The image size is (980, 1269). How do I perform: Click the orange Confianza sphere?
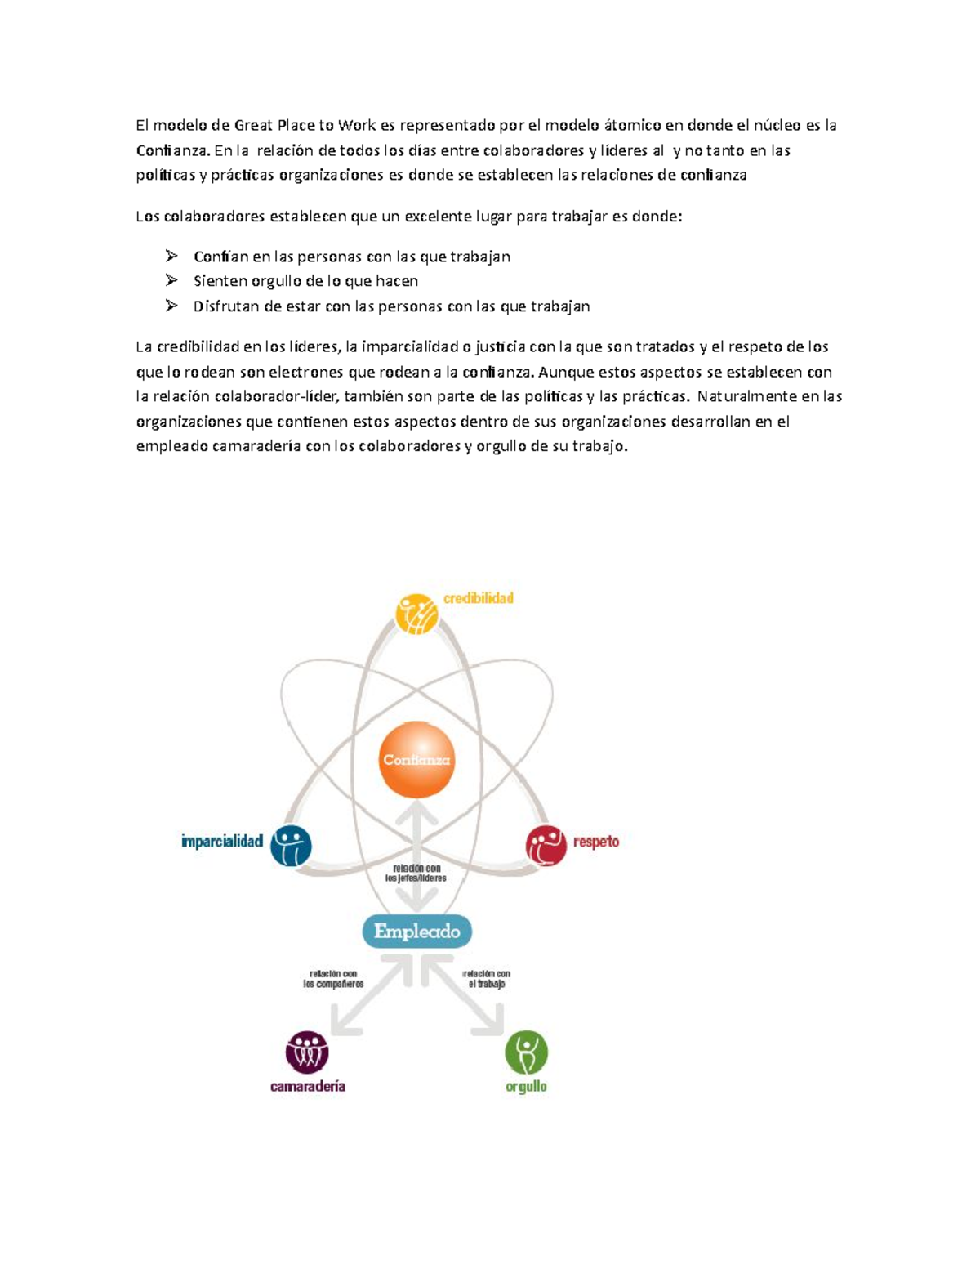point(416,759)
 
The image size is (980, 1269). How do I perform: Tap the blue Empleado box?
point(416,931)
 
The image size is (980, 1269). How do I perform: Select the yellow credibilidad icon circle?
point(416,614)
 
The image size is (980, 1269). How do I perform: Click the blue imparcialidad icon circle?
point(291,845)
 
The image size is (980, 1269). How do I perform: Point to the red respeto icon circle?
point(546,845)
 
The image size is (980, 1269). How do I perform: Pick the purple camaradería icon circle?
point(307,1052)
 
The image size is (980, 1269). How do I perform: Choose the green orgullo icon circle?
point(526,1052)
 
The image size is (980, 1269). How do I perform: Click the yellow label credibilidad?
point(479,598)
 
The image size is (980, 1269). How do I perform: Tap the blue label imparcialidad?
point(222,842)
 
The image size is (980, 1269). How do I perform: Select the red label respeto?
point(596,842)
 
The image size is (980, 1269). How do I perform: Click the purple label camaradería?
point(308,1086)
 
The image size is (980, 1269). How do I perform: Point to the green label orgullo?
point(526,1087)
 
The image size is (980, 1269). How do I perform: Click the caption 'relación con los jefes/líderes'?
point(416,873)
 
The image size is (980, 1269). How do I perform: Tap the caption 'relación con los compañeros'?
point(333,979)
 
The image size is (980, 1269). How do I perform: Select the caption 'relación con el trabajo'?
point(487,979)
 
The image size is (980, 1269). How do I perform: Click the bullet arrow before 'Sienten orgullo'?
point(171,280)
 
